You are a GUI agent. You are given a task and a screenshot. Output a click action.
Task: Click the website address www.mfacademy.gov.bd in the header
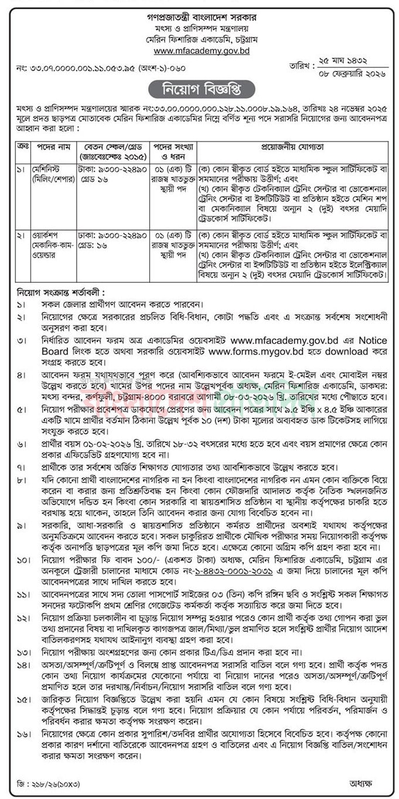(x=199, y=51)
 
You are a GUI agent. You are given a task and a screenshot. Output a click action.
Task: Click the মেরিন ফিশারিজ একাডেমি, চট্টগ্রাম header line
(x=199, y=39)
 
